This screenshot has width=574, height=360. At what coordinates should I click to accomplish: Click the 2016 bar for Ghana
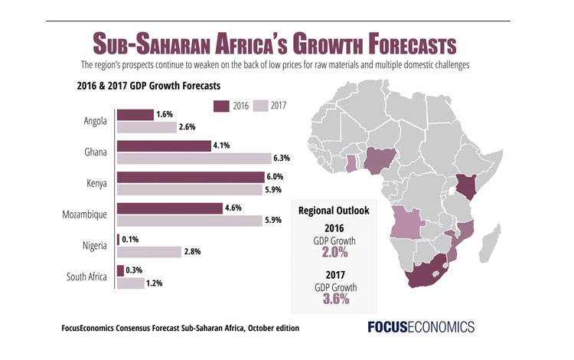tap(163, 146)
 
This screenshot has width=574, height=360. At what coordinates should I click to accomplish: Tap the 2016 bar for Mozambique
tap(169, 208)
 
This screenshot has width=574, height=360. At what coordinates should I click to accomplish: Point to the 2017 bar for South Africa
tap(130, 283)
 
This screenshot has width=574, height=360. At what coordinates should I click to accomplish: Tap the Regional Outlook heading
tap(334, 210)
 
